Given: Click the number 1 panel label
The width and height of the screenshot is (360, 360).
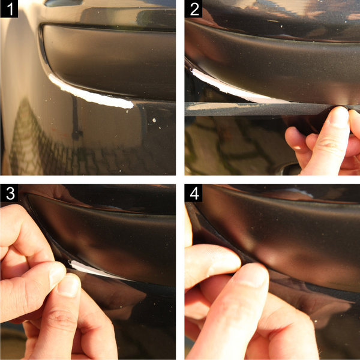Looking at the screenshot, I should tap(10, 10).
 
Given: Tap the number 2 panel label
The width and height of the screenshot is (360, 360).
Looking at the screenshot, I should tap(194, 10).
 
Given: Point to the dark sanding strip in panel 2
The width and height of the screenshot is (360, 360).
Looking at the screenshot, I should tap(258, 108).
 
